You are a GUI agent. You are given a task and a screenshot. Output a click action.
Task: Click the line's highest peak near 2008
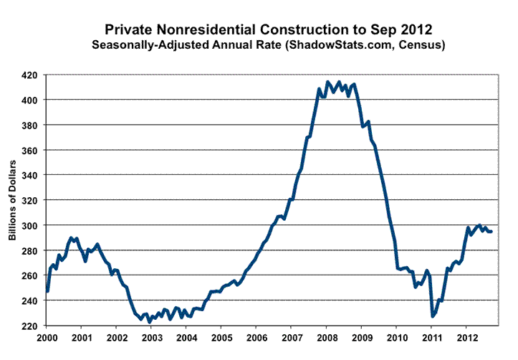[x=327, y=82]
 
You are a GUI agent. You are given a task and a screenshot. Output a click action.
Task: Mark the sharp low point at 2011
[x=433, y=316]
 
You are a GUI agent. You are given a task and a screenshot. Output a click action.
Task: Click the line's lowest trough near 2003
[x=149, y=322]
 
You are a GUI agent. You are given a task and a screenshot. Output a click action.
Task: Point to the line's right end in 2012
[x=491, y=231]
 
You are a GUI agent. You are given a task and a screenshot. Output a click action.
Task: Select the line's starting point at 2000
[x=47, y=291]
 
